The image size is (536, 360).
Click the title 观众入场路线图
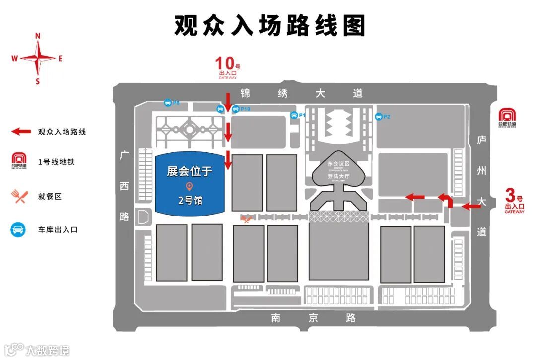click(269, 25)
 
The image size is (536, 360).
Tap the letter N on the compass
click(38, 36)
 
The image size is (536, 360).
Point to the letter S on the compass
click(38, 81)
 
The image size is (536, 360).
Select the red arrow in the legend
click(21, 132)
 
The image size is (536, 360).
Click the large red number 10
click(224, 64)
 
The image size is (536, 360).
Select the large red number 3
click(509, 194)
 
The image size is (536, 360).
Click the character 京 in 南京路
click(313, 318)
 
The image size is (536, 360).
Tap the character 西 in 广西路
click(124, 186)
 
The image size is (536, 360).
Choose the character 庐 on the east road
click(481, 141)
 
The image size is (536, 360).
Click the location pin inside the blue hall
click(189, 186)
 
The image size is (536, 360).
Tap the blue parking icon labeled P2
click(379, 117)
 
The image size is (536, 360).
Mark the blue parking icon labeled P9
click(168, 103)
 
